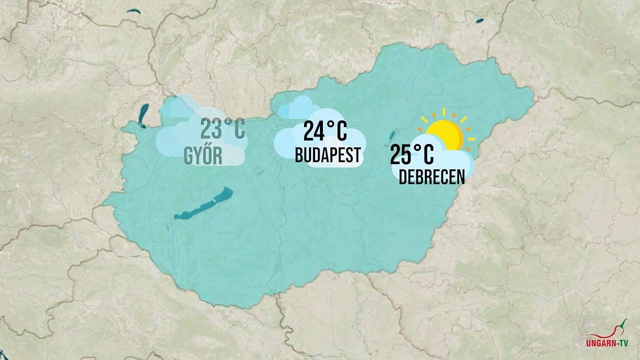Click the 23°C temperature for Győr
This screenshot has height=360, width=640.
coord(222,129)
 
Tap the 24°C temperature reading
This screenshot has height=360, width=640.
coord(325,131)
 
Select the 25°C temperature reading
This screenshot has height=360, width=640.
coord(411,154)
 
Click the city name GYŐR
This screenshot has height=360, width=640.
coord(203,156)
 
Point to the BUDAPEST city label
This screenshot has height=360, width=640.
coord(327,155)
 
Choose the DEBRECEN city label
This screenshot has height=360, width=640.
coord(431,177)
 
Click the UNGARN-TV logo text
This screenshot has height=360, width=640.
coord(607,343)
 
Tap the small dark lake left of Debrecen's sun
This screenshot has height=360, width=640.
coord(392,135)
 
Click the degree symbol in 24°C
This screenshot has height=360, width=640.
coord(330,123)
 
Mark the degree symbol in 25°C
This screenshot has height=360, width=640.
coord(417,146)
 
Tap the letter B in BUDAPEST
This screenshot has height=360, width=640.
coord(299,155)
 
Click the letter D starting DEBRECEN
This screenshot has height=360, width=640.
coord(402,177)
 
